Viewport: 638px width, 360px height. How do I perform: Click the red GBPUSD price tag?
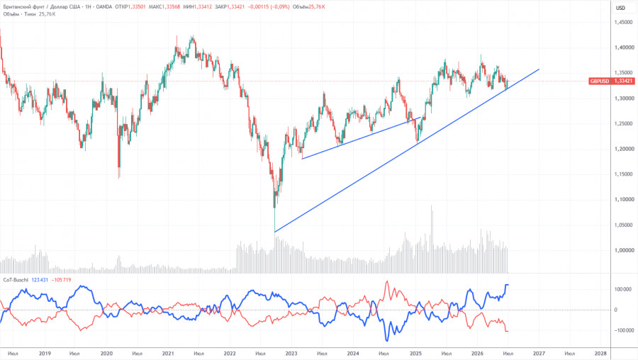click(612, 81)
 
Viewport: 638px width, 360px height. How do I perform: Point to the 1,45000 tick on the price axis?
click(624, 23)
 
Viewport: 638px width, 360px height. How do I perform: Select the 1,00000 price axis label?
click(624, 250)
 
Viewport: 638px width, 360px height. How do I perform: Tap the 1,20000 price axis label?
click(624, 149)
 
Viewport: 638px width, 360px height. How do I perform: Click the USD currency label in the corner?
click(620, 8)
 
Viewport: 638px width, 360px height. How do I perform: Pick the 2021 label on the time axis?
click(167, 354)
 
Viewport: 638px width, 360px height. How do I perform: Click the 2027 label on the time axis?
click(539, 354)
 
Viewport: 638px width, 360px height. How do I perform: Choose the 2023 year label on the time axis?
click(291, 354)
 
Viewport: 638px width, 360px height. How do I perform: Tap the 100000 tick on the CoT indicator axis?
click(622, 289)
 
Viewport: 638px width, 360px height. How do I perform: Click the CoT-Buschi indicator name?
click(16, 280)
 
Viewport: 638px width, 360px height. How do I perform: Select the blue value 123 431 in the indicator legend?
click(40, 280)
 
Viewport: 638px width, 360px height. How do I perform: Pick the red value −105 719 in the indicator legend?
click(61, 280)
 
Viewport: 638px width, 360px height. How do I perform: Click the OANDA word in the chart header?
click(103, 7)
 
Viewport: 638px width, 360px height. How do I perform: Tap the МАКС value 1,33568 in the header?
click(172, 7)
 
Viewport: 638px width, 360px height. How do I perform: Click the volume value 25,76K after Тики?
click(47, 14)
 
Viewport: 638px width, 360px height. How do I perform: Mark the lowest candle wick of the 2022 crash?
click(275, 231)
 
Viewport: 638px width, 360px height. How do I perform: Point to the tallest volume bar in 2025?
click(432, 240)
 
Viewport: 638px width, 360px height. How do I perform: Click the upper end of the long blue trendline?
click(539, 69)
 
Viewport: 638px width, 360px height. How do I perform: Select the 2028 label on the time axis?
click(600, 354)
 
